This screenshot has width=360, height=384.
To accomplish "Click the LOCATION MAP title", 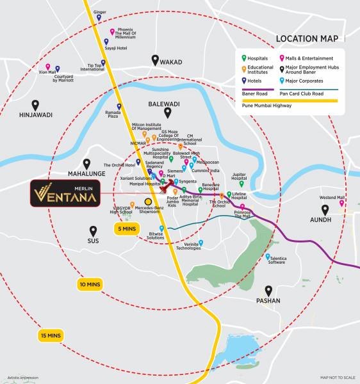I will [x=306, y=39].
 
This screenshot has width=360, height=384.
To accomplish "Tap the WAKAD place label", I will [x=171, y=62].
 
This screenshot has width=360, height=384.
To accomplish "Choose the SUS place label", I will [x=94, y=241].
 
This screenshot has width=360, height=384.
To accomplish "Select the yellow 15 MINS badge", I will [x=49, y=335].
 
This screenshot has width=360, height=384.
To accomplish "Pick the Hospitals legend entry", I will [x=258, y=57].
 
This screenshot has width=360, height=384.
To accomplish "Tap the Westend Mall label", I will [x=332, y=198].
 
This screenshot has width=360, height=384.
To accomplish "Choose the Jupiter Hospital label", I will [x=239, y=176].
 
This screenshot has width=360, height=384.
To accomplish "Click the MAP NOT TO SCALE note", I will [x=336, y=378].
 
